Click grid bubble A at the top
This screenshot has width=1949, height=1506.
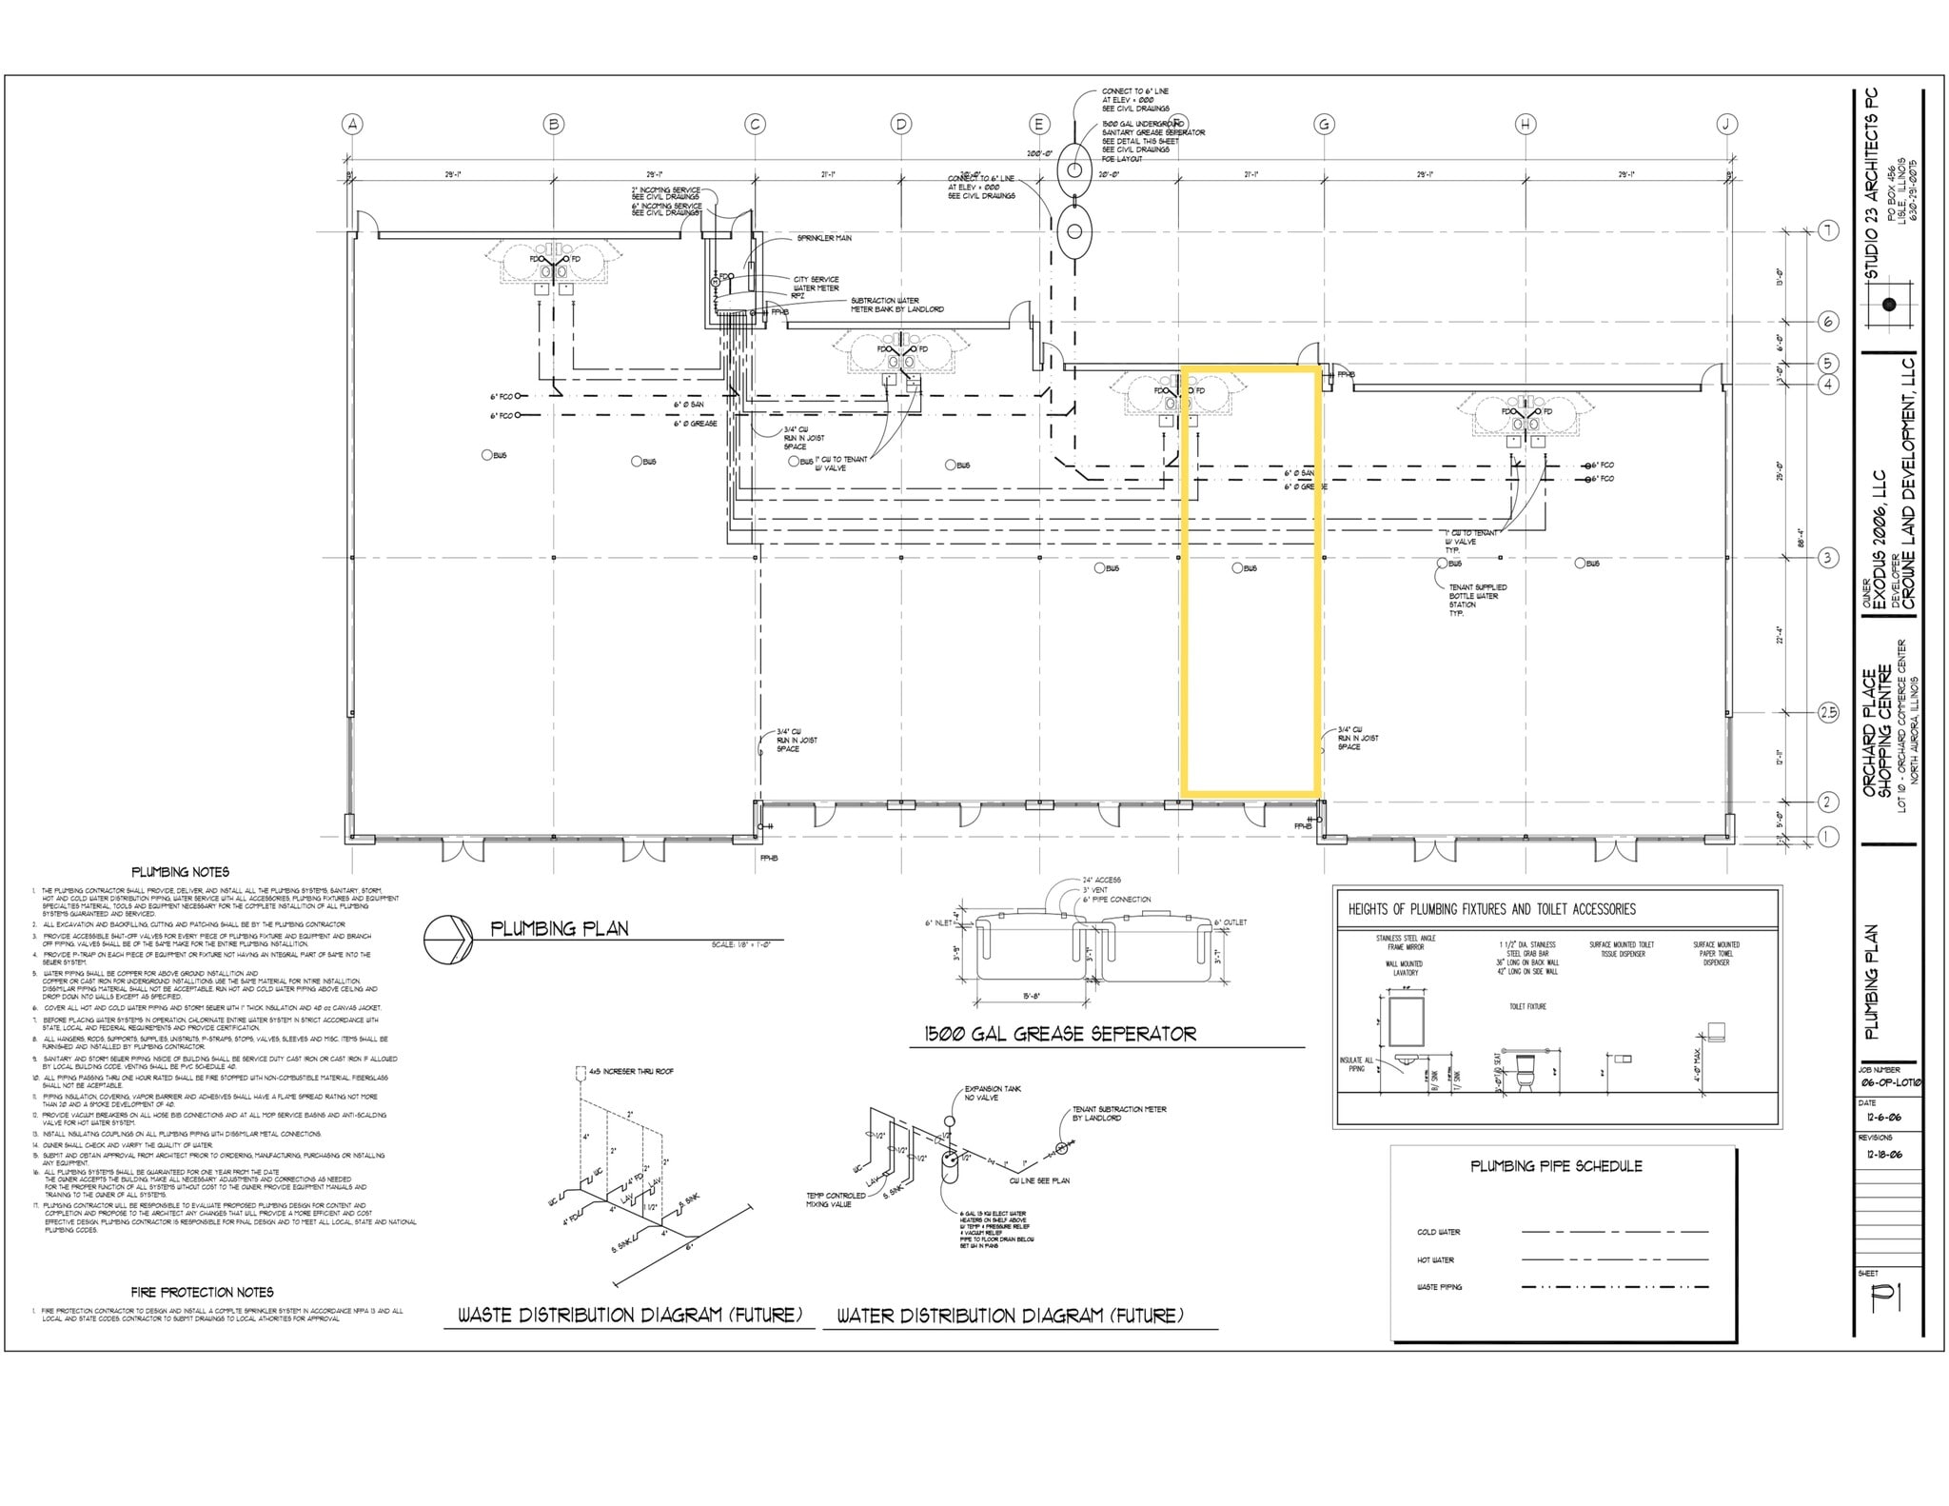coord(353,124)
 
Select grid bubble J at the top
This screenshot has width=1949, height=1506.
coord(1726,124)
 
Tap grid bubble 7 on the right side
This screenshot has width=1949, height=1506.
coord(1828,230)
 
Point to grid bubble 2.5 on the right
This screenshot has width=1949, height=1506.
coord(1828,712)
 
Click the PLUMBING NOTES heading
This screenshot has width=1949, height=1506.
coord(180,871)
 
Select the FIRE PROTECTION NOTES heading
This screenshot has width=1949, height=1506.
coord(203,1292)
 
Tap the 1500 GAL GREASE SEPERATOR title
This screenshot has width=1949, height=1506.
coord(1060,1034)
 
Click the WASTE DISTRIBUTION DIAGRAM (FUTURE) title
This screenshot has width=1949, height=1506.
coord(629,1316)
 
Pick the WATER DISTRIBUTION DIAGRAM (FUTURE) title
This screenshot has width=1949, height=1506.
coord(1010,1316)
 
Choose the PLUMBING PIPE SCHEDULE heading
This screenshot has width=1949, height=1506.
coord(1556,1165)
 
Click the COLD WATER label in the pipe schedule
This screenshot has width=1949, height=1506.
coord(1438,1232)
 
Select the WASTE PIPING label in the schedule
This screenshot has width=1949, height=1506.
coord(1439,1287)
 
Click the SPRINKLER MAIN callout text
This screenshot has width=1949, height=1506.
coord(824,238)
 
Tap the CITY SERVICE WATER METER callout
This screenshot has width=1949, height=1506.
coord(817,284)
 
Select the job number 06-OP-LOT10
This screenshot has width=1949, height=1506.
coord(1887,1082)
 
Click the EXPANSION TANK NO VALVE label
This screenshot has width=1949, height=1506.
coord(993,1093)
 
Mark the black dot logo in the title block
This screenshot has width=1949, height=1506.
coord(1889,306)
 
